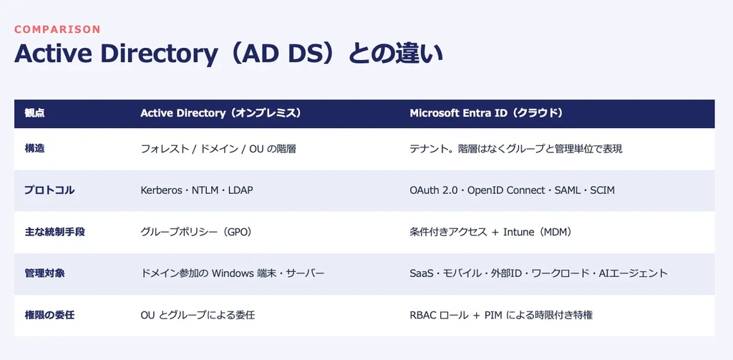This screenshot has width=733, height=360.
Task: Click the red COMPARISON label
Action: pyautogui.click(x=57, y=29)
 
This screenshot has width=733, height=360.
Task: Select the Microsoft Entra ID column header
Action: pyautogui.click(x=486, y=113)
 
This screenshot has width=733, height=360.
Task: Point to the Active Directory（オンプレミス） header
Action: pyautogui.click(x=220, y=113)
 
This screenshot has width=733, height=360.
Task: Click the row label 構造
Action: pyautogui.click(x=34, y=149)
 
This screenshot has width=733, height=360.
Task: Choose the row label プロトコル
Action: pyautogui.click(x=49, y=190)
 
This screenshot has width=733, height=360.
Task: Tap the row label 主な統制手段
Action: pyautogui.click(x=54, y=231)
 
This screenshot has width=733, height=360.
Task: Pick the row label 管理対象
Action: pyautogui.click(x=44, y=273)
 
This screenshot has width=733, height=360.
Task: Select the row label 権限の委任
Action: pyautogui.click(x=49, y=315)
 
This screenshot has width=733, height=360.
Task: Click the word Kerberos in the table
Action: pyautogui.click(x=161, y=190)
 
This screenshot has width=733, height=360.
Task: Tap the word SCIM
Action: pyautogui.click(x=603, y=190)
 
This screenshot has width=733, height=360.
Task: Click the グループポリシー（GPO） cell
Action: pyautogui.click(x=196, y=232)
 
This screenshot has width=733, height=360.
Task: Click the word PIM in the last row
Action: pyautogui.click(x=494, y=315)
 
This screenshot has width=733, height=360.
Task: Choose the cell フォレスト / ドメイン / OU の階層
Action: pyautogui.click(x=218, y=149)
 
